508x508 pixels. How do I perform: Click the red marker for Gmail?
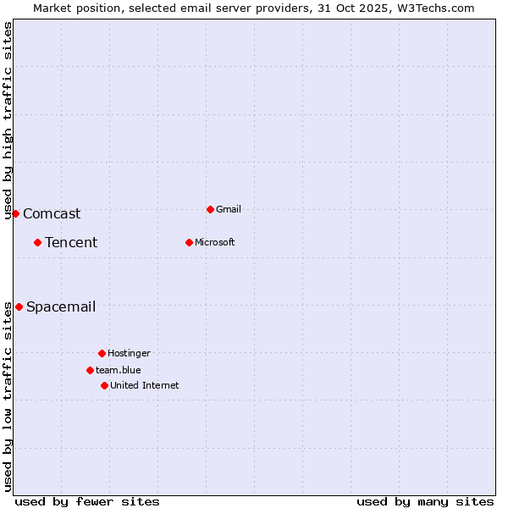[x=210, y=209]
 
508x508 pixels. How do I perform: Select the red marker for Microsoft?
[x=189, y=242]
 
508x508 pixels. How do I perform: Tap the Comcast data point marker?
[x=15, y=213]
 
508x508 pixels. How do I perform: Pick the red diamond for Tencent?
[x=37, y=242]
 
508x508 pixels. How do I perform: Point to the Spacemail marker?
[x=19, y=306]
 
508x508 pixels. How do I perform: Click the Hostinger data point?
[x=102, y=353]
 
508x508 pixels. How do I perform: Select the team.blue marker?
[x=90, y=370]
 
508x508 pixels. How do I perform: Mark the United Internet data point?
[x=104, y=385]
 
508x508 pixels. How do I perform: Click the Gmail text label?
[x=229, y=209]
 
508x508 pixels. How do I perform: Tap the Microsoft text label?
[x=215, y=242]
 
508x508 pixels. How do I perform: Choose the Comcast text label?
[x=52, y=214]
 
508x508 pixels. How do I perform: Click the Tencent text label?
[x=71, y=243]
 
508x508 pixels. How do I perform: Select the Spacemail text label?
[x=61, y=307]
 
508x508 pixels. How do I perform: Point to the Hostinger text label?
[x=129, y=353]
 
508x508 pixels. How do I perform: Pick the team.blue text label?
[x=119, y=370]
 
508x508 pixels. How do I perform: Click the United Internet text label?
[x=145, y=385]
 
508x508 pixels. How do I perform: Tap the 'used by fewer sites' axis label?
[x=87, y=501]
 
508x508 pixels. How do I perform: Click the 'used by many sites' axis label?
[x=425, y=501]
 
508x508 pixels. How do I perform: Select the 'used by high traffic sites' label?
[x=8, y=120]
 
